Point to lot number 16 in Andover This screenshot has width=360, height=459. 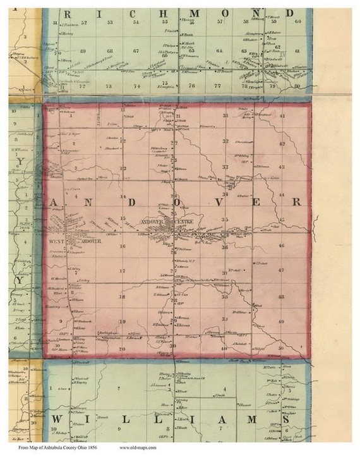click(124, 246)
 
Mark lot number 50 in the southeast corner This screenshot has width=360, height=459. click(281, 348)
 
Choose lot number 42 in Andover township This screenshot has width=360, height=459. click(282, 144)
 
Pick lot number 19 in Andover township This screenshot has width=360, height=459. click(123, 322)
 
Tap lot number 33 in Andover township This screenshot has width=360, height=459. click(225, 166)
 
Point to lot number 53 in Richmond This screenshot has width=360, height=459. click(111, 22)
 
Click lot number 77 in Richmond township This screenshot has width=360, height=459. click(218, 85)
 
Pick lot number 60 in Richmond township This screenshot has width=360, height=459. click(297, 21)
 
